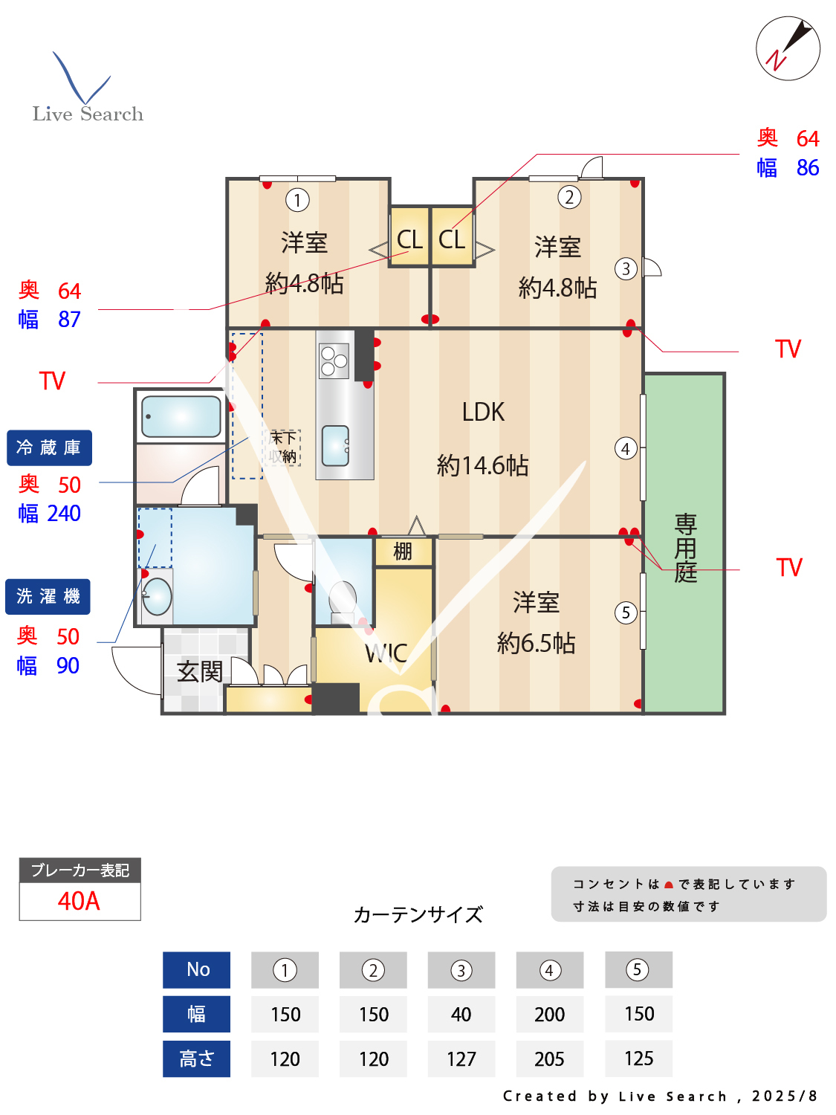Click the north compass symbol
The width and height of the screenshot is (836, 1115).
coord(788,48)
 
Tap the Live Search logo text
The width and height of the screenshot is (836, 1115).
coord(88,114)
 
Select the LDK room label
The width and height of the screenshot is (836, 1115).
coord(483,412)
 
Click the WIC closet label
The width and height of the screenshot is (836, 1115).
coord(386,653)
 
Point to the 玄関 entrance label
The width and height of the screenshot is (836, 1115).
coord(200,671)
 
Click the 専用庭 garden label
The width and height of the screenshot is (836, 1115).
coord(685,548)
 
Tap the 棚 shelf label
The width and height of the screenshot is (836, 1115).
coord(403,551)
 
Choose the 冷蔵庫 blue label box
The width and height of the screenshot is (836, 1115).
coord(49,447)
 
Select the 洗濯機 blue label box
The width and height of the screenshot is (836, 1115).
coord(48,596)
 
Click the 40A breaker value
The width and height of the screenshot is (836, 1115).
coord(79,901)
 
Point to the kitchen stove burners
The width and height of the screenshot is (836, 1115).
coord(334,361)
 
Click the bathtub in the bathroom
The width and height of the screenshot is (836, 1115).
coord(181,416)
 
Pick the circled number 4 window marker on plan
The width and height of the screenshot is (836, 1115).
coord(626,448)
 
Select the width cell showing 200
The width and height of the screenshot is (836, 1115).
coord(549,1014)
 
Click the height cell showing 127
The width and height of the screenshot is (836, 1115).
coord(461,1059)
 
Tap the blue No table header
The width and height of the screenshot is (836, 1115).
coord(197,969)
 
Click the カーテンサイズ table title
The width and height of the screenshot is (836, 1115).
coord(418,914)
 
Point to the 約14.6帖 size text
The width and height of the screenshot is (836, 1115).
coord(482,465)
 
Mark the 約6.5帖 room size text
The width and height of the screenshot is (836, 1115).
coord(536,643)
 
